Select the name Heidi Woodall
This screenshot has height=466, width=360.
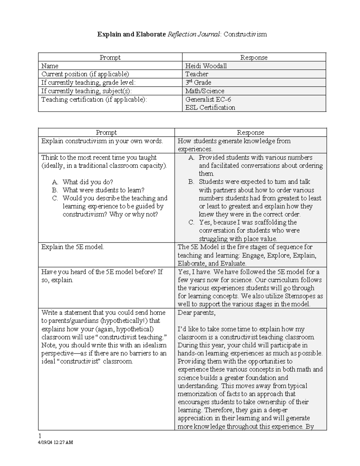[206, 66]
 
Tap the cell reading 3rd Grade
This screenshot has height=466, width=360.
[198, 83]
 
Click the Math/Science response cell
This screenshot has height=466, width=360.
[205, 91]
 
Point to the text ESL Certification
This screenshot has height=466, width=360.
[210, 107]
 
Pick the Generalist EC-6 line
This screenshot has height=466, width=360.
[208, 99]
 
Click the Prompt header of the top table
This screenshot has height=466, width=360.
[110, 57]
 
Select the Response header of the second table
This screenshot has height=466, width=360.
[250, 132]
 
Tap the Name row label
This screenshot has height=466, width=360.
[50, 66]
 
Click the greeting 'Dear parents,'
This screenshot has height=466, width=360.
[196, 313]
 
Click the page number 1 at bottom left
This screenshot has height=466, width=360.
[40, 435]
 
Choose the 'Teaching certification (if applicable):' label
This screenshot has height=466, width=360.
[94, 99]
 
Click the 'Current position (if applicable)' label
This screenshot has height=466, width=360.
[85, 74]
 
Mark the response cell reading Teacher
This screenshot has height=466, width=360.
[196, 74]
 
